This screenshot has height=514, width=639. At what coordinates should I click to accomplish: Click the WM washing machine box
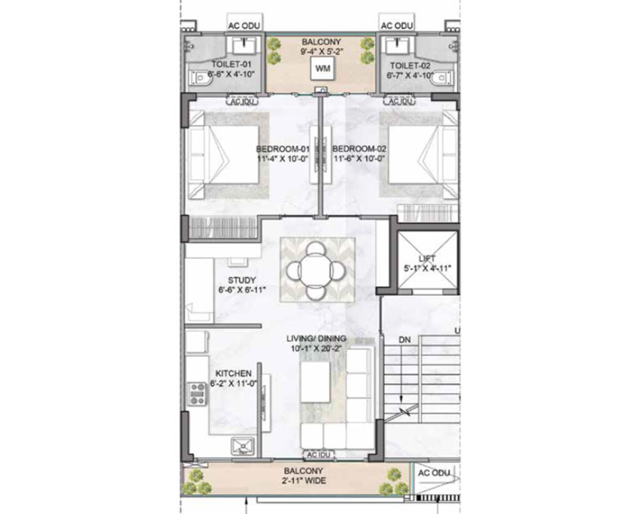click(323, 69)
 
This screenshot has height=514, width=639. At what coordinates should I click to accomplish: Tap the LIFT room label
click(427, 258)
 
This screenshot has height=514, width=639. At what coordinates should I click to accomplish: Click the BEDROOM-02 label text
click(359, 149)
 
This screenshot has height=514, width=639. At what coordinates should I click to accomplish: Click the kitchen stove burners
click(198, 394)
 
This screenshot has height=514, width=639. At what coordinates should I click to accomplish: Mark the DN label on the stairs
click(405, 340)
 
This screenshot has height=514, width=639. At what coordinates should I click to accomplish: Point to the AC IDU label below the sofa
click(318, 455)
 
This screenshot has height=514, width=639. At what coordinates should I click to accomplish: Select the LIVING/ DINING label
click(316, 339)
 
